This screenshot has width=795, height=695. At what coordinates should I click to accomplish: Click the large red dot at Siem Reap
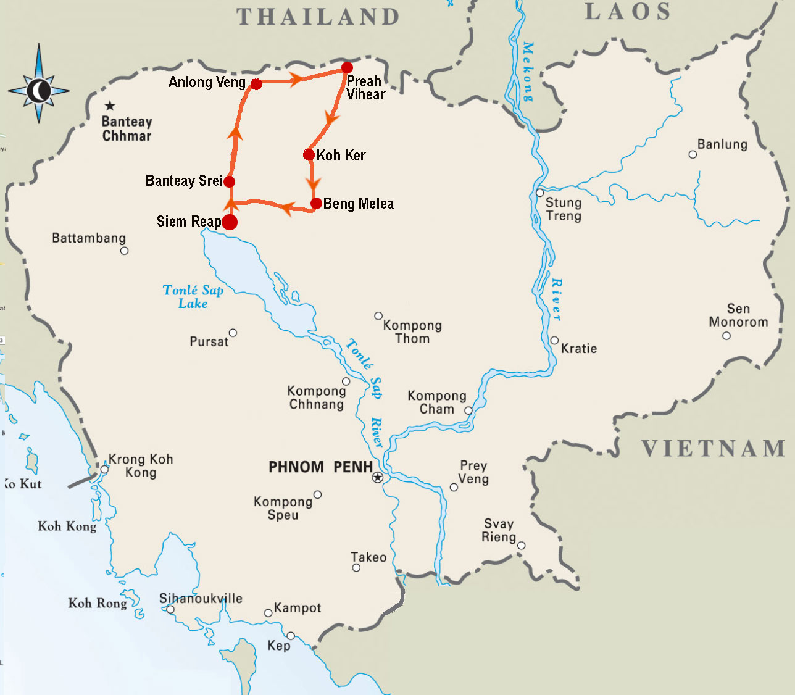229,222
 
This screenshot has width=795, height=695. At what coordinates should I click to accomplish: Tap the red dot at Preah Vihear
347,67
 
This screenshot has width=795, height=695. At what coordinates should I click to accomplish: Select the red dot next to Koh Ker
309,154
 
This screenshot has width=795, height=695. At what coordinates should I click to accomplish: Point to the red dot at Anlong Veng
256,84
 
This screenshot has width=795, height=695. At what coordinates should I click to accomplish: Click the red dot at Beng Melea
316,203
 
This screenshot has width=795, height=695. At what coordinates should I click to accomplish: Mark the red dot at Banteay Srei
229,181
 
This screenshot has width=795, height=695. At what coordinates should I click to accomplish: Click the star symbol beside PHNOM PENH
378,478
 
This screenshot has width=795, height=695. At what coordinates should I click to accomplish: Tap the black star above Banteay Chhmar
110,106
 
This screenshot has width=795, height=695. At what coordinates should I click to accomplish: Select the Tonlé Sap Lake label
193,297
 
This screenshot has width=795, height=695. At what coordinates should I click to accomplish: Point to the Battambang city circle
124,251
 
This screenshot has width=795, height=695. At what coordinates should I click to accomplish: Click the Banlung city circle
693,154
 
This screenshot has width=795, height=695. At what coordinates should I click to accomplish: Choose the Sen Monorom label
738,315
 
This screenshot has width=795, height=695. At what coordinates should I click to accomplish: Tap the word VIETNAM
714,449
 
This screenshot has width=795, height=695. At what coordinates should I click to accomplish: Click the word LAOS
628,12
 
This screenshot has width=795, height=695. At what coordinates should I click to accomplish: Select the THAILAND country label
318,17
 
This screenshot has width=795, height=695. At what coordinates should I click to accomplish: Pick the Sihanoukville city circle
170,610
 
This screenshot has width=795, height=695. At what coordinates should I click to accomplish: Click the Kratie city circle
554,340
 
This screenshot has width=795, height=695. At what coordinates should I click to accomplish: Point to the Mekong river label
528,71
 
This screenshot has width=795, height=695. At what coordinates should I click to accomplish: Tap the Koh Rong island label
98,603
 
